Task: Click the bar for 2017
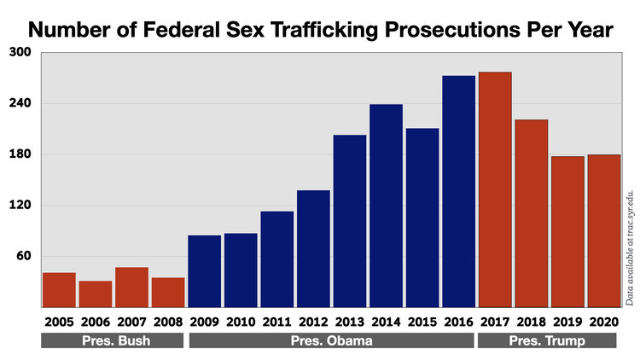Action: point(495,189)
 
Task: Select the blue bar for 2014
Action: point(386,206)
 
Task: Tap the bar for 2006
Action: point(96,293)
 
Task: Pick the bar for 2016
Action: point(458,191)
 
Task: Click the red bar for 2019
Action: point(567,231)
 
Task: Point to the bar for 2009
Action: point(204,270)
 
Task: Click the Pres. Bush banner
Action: point(113,340)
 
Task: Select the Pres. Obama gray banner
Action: point(331,340)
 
